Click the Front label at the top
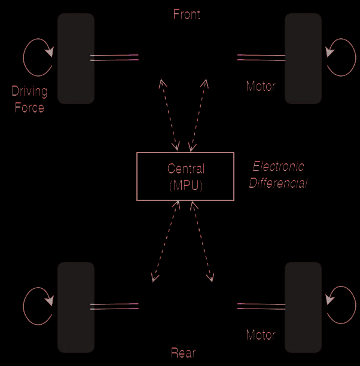coord(187,14)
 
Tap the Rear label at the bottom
coord(183,353)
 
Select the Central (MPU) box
coord(185,176)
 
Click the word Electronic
coord(278,167)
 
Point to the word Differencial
coord(278,183)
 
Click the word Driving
coord(29,92)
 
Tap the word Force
coord(29,108)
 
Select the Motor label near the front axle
coord(261,86)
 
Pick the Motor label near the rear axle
coord(261,335)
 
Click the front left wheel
coord(76,58)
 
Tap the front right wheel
coord(303,58)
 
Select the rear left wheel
coord(76,307)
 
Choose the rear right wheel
coord(303,307)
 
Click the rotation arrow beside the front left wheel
coord(38,57)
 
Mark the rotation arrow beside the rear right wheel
coord(341,305)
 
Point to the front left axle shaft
coord(114,58)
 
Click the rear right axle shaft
coord(261,306)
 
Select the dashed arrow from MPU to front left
coord(169,114)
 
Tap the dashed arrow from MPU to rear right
coord(202,241)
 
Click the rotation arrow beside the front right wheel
coord(341,57)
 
